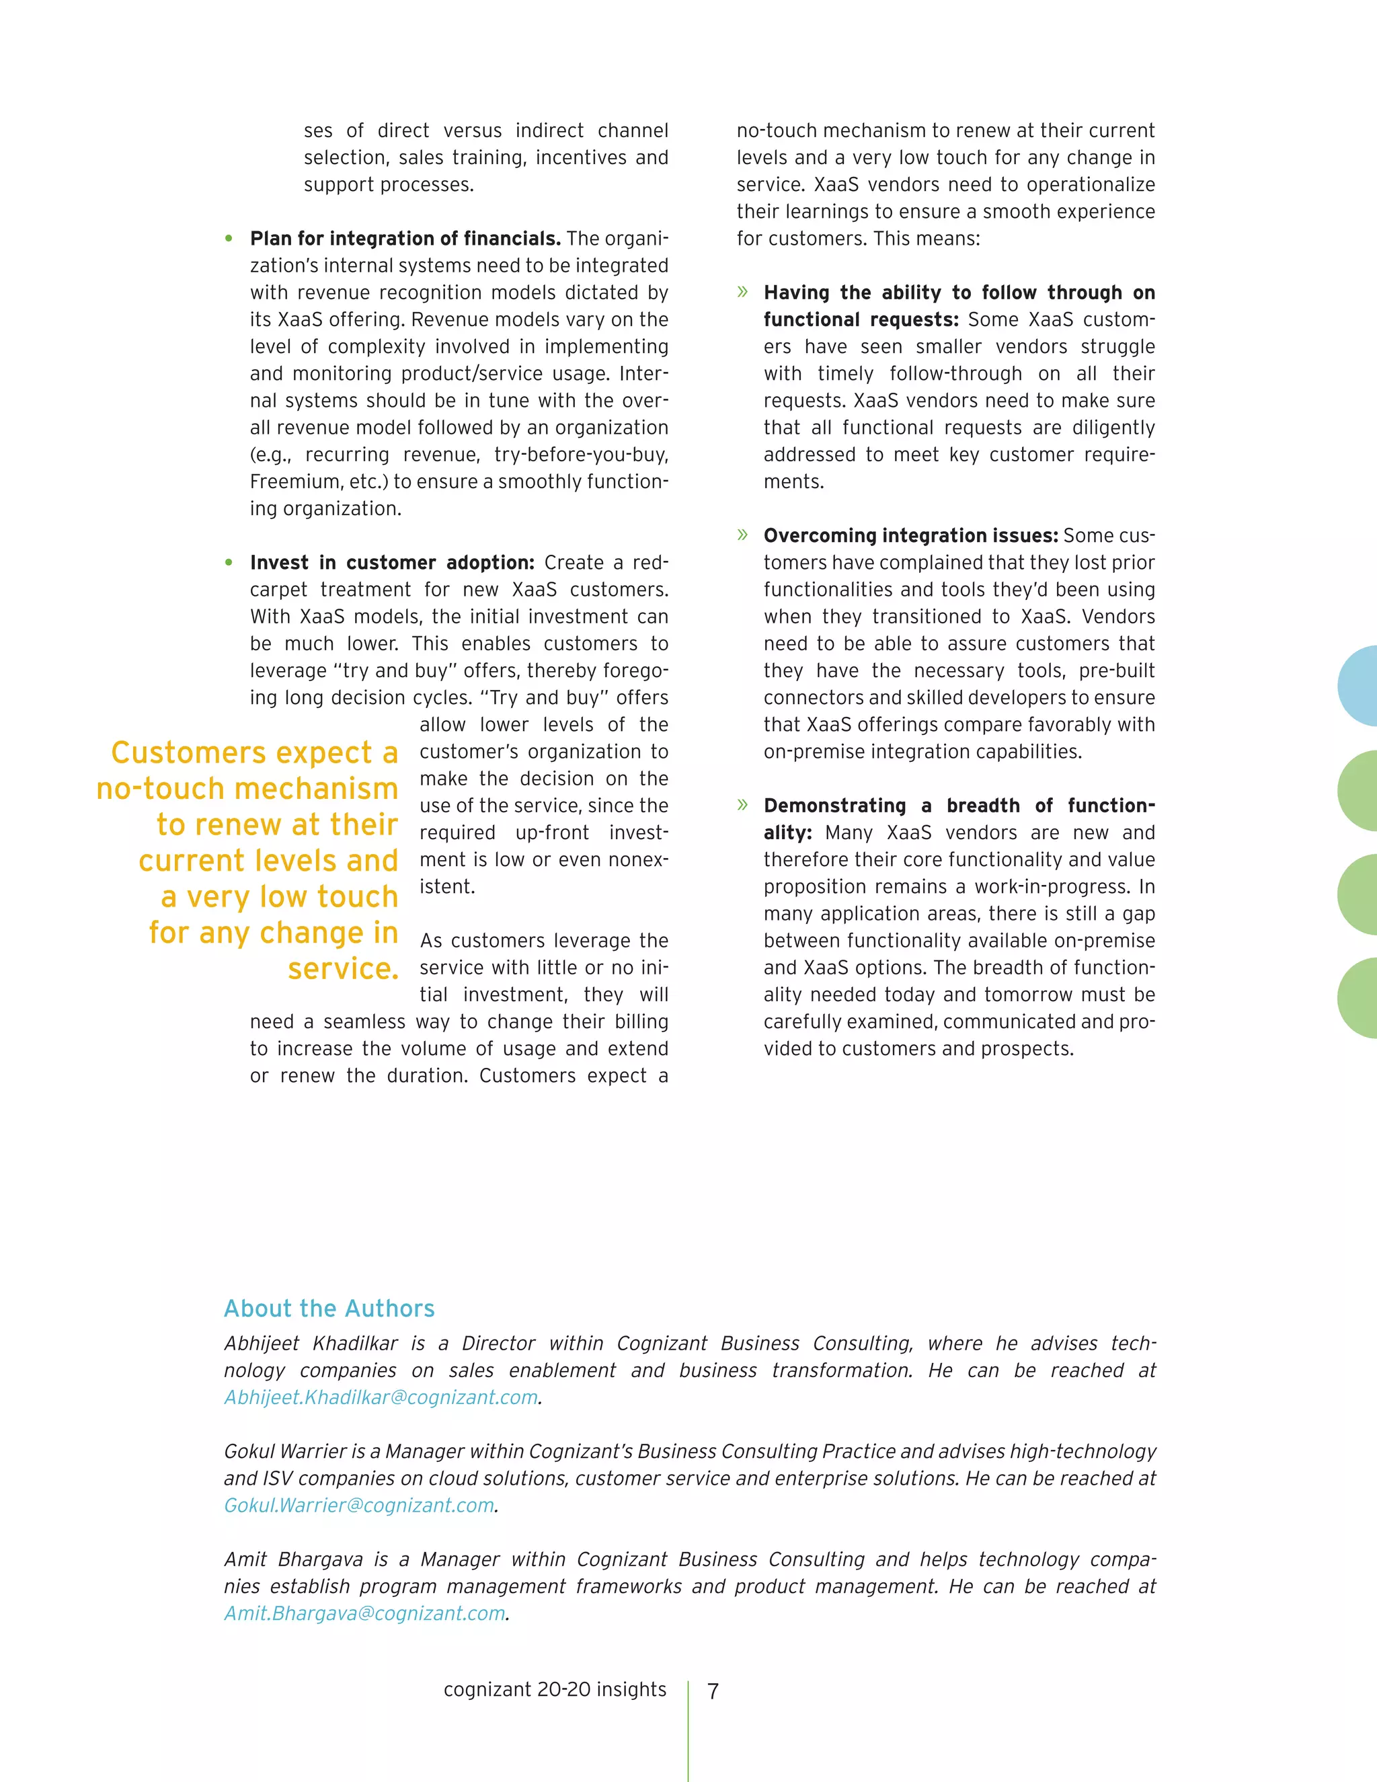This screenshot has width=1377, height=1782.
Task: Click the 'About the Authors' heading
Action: pyautogui.click(x=329, y=1309)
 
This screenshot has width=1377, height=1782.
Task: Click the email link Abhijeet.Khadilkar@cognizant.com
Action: pyautogui.click(x=381, y=1398)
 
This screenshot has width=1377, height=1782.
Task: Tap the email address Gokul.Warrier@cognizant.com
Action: pyautogui.click(x=360, y=1506)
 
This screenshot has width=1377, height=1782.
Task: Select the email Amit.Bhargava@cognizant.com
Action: pyautogui.click(x=364, y=1613)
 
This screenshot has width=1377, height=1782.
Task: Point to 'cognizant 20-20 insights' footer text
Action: pyautogui.click(x=555, y=1689)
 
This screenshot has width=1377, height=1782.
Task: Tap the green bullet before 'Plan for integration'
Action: pyautogui.click(x=229, y=239)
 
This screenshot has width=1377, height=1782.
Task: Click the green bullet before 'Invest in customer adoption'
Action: pyautogui.click(x=229, y=563)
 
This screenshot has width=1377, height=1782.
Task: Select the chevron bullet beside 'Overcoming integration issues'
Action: pyautogui.click(x=742, y=535)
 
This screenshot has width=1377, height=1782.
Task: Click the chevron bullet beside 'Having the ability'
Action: pyautogui.click(x=742, y=292)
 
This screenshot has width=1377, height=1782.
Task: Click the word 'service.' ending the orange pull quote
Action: pyautogui.click(x=343, y=968)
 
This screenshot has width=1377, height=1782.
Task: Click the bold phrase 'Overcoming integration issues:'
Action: pyautogui.click(x=910, y=536)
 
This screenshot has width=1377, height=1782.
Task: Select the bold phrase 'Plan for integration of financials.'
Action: pyautogui.click(x=405, y=239)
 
